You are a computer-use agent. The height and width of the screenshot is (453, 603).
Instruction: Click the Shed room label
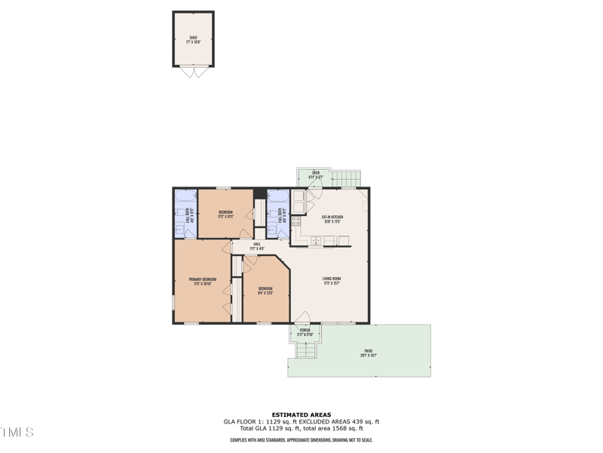click(x=194, y=39)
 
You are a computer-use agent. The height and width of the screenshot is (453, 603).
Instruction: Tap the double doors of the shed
click(x=194, y=72)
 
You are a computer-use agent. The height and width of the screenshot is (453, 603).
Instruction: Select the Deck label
click(x=316, y=175)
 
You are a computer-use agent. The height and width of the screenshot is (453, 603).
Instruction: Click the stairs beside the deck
click(x=347, y=179)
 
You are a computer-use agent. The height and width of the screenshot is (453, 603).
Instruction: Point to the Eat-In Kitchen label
click(x=332, y=220)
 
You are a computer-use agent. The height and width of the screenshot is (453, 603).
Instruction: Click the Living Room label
click(x=332, y=281)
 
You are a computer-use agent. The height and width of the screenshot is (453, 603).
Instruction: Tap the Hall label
click(x=257, y=246)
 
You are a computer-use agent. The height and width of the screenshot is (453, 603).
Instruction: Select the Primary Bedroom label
click(x=203, y=282)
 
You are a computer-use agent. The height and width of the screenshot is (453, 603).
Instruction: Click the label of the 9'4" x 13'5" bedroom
click(x=265, y=291)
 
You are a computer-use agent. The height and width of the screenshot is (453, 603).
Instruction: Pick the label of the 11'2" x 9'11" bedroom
click(x=225, y=214)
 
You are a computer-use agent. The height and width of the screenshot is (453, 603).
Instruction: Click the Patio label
click(x=369, y=353)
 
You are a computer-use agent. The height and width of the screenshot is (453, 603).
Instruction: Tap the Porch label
click(x=305, y=332)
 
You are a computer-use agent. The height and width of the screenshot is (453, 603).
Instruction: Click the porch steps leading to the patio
click(x=306, y=350)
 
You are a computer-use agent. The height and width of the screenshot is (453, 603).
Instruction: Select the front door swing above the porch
click(x=302, y=318)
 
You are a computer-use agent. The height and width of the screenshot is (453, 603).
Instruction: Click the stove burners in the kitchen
click(x=296, y=221)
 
